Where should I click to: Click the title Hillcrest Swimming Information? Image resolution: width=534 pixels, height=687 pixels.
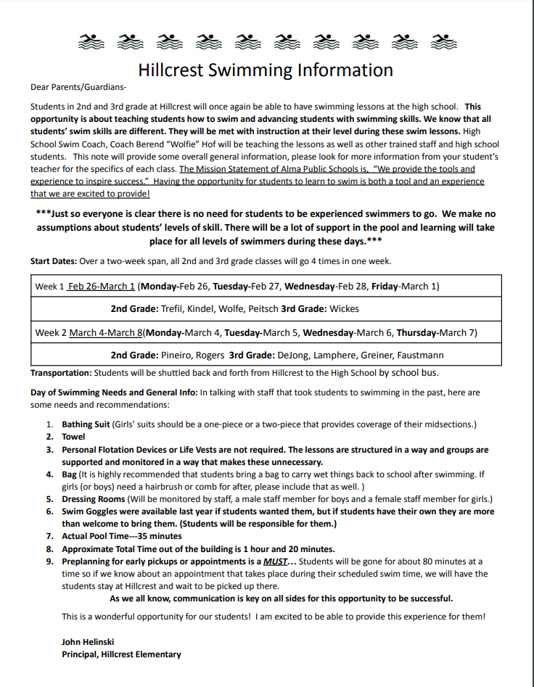(x=266, y=70)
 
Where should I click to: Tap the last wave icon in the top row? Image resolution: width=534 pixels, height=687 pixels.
(x=439, y=41)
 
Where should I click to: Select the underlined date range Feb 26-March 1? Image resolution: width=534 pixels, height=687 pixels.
(x=102, y=287)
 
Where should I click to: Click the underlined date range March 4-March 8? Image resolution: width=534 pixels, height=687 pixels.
(x=105, y=333)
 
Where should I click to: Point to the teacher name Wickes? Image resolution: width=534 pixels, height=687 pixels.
(x=344, y=309)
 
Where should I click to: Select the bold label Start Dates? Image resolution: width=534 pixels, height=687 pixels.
(x=55, y=261)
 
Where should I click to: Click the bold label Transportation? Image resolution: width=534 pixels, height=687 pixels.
(x=62, y=373)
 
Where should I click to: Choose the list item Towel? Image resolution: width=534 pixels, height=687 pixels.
(x=73, y=437)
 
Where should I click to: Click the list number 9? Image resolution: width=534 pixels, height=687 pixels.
(x=50, y=561)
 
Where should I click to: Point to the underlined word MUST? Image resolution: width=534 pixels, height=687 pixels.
(x=274, y=561)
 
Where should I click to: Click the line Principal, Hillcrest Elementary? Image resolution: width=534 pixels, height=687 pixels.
(x=121, y=654)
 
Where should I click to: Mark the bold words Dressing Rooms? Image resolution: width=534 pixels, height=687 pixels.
(x=94, y=499)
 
